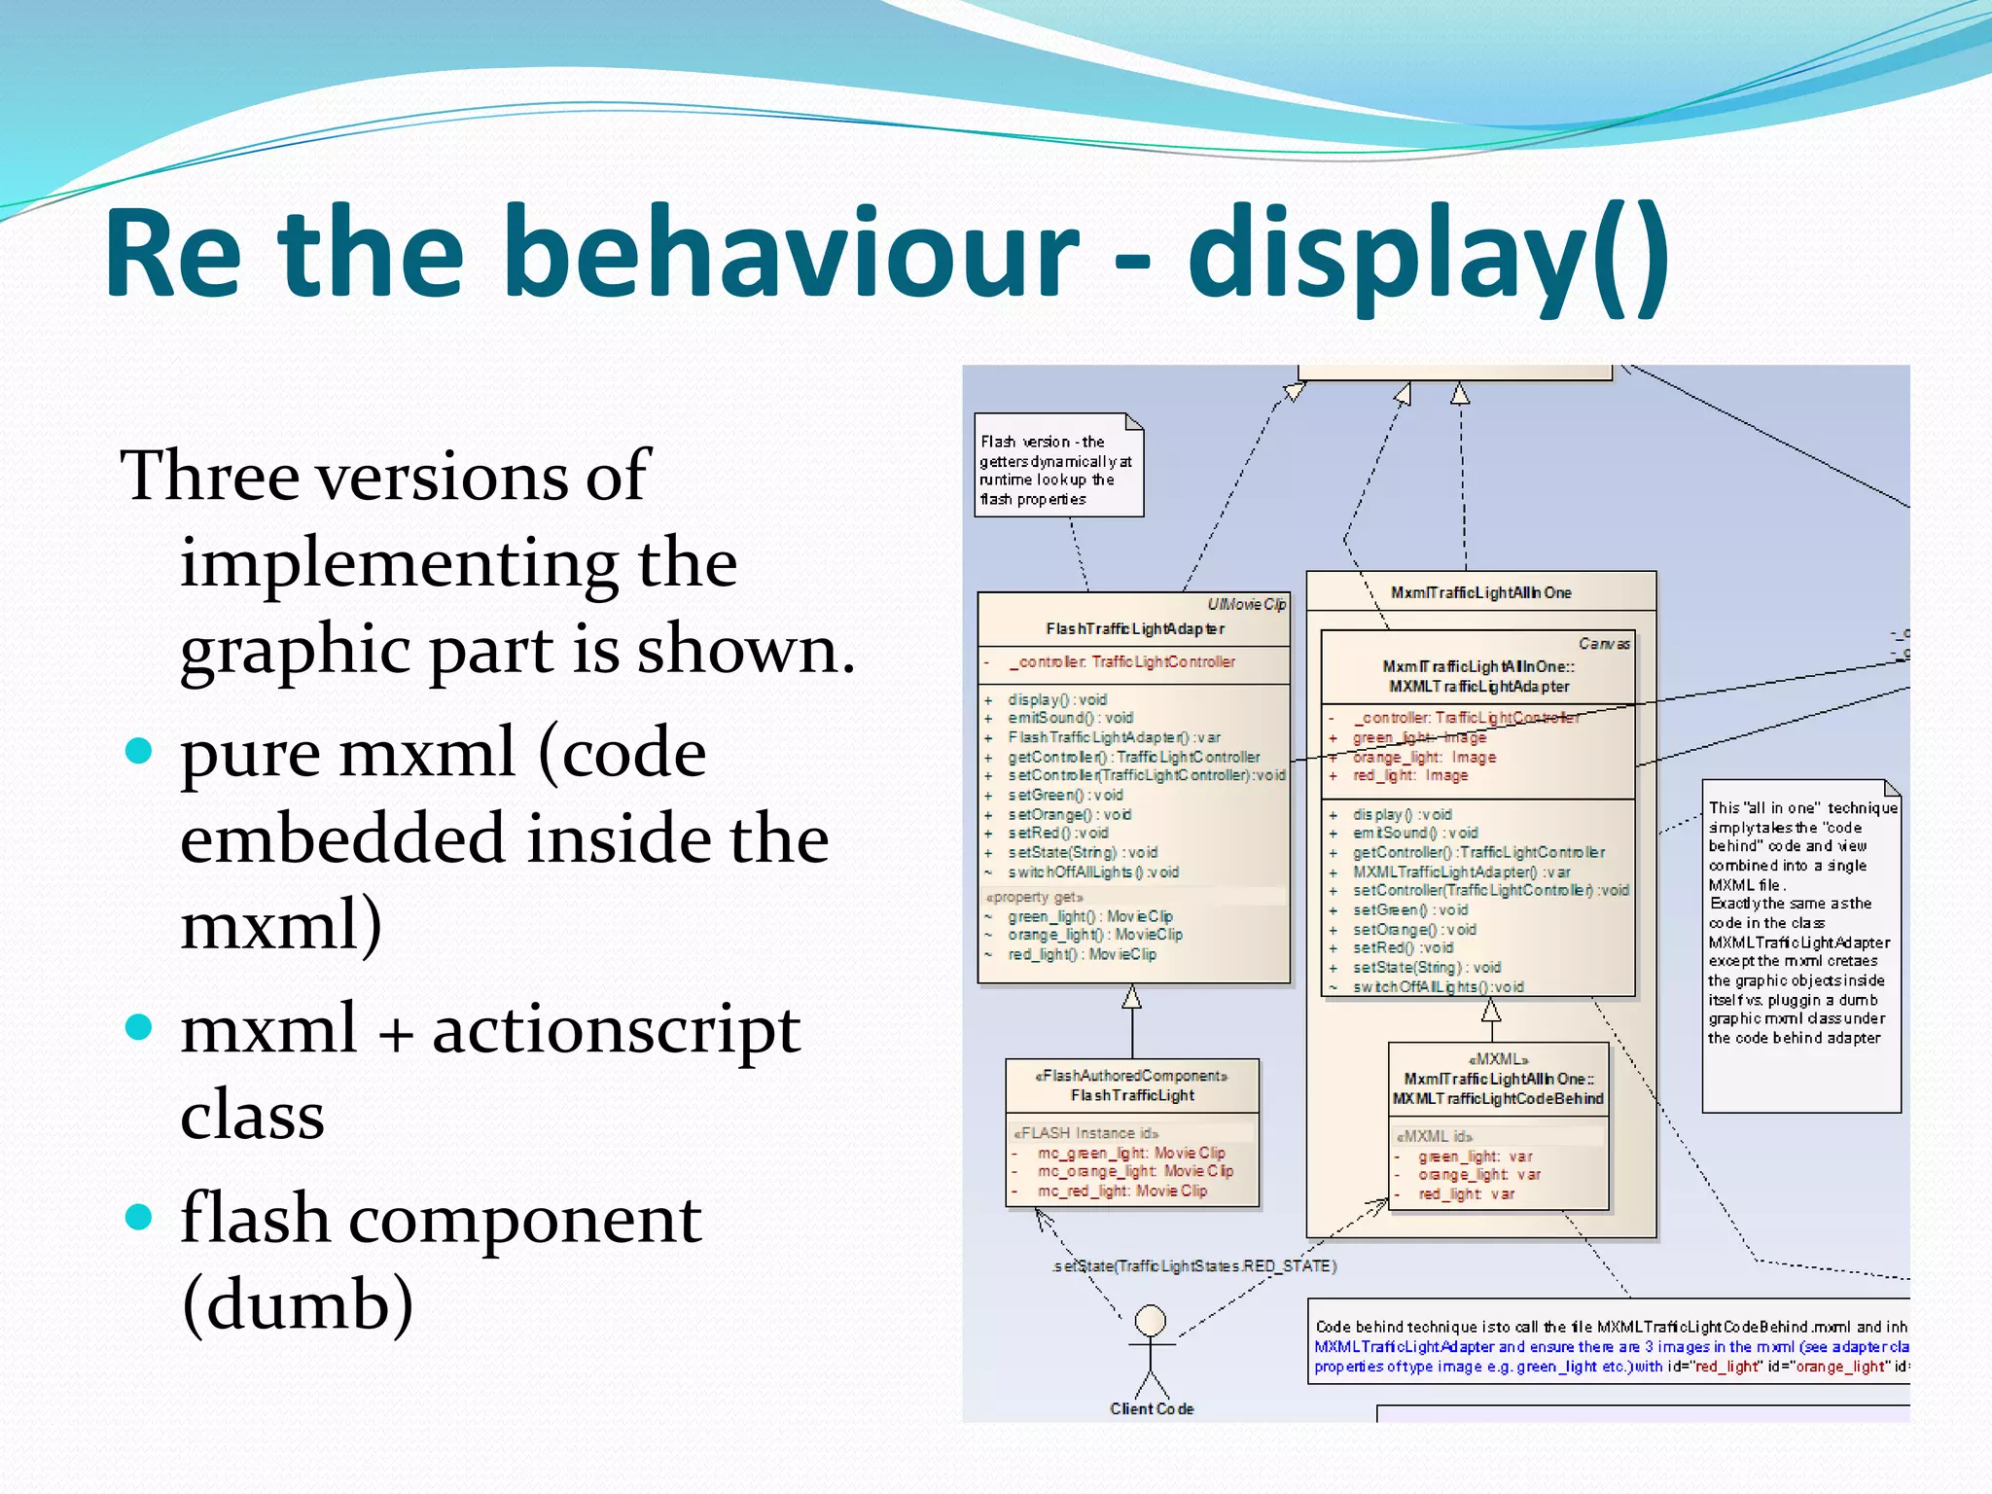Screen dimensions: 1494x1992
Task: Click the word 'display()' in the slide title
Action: click(x=1428, y=255)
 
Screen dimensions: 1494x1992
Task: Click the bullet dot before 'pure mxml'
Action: click(x=140, y=752)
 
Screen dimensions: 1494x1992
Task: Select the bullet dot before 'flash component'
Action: click(x=140, y=1217)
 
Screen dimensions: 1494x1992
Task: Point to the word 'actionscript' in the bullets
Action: click(x=616, y=1030)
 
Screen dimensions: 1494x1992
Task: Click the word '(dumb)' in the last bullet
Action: click(x=298, y=1303)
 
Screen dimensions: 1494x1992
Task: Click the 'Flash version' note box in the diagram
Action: click(x=1058, y=468)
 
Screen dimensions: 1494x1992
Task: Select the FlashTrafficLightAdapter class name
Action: click(x=1134, y=629)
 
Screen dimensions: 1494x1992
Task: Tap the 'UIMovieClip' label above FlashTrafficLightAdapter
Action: click(x=1246, y=604)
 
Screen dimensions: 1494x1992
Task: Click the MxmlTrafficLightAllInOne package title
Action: click(x=1480, y=592)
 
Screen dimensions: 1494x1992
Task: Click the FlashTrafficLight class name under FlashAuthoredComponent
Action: click(x=1132, y=1095)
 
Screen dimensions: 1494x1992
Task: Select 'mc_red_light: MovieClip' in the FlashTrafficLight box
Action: click(x=1121, y=1191)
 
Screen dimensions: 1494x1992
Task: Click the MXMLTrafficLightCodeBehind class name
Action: click(x=1498, y=1098)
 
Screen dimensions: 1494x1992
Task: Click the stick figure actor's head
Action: click(x=1151, y=1321)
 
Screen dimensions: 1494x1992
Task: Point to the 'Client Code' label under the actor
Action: click(x=1152, y=1408)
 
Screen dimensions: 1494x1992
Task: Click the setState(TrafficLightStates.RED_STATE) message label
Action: click(x=1194, y=1265)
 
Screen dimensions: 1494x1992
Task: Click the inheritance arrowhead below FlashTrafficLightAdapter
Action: click(x=1131, y=997)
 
